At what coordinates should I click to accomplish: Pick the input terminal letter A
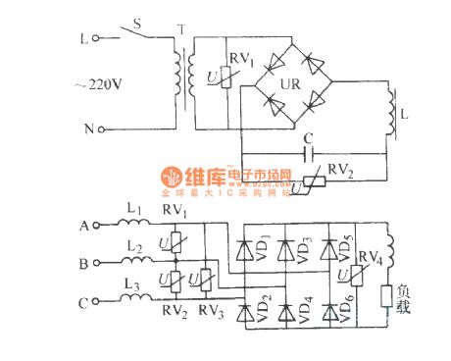click(84, 227)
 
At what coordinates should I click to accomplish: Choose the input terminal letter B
click(84, 263)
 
